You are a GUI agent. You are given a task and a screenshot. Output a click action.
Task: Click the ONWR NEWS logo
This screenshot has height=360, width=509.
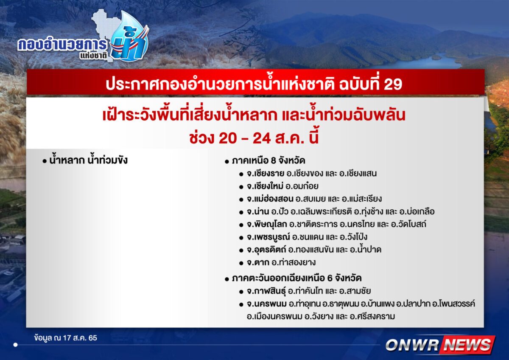[440, 345]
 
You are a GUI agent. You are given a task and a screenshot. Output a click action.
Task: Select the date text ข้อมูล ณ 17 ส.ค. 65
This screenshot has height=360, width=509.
[66, 338]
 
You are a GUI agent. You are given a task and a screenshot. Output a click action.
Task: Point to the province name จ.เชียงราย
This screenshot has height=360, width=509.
[266, 174]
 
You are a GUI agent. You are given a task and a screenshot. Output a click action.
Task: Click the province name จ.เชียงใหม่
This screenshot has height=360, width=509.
[265, 186]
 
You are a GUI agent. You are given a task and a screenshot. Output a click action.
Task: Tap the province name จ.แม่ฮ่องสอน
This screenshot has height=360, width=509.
[270, 199]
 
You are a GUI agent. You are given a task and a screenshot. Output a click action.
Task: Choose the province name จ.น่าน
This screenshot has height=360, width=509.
[258, 211]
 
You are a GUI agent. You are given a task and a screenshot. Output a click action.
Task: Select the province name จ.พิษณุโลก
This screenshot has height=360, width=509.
[267, 225]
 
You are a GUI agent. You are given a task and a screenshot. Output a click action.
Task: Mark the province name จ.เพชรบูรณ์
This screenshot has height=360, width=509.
[268, 237]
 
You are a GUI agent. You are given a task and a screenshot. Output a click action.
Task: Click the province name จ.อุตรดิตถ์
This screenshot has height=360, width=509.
[266, 250]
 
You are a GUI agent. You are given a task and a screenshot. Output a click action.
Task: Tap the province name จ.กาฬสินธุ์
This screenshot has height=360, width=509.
[266, 291]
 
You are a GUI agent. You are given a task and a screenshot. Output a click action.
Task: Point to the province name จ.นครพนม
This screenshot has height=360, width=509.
[267, 304]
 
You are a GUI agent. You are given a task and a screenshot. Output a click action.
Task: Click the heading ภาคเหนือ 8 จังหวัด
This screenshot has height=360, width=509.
[268, 161]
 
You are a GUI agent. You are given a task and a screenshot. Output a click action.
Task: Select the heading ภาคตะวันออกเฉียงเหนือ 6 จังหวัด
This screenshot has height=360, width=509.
[297, 278]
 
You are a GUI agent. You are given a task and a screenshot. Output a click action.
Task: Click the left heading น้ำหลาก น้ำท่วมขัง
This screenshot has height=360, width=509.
[88, 160]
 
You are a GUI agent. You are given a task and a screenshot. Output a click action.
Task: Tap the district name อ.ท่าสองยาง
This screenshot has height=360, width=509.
[294, 262]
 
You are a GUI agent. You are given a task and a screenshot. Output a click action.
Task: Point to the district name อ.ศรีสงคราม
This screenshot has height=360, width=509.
[372, 317]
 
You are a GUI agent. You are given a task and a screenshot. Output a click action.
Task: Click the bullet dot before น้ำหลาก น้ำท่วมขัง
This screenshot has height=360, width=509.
[44, 161]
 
